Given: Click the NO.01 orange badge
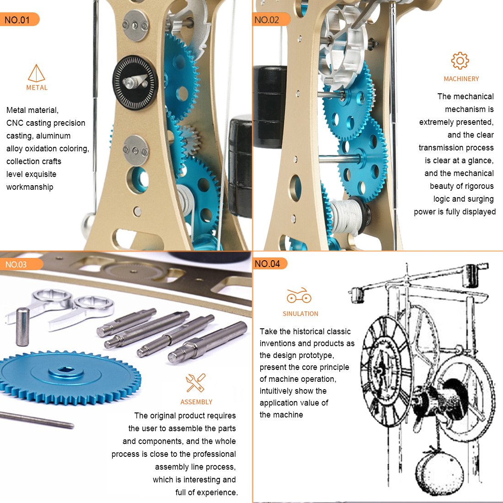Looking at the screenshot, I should (18, 20).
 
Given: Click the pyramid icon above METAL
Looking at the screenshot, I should (37, 73).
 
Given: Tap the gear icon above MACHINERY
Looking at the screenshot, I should (460, 61).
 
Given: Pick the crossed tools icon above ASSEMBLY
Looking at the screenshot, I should (196, 383).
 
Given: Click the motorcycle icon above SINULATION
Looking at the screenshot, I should (299, 296).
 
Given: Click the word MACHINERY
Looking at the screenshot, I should (461, 79).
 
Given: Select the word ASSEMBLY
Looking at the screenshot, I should (196, 402).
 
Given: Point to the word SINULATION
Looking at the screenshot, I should (300, 314).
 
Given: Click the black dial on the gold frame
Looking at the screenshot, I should (135, 83).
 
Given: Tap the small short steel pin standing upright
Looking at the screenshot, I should (22, 326).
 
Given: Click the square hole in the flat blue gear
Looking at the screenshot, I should (67, 369).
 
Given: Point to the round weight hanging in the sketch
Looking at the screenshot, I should (439, 473).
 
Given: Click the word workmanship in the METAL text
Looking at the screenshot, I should (30, 187).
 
